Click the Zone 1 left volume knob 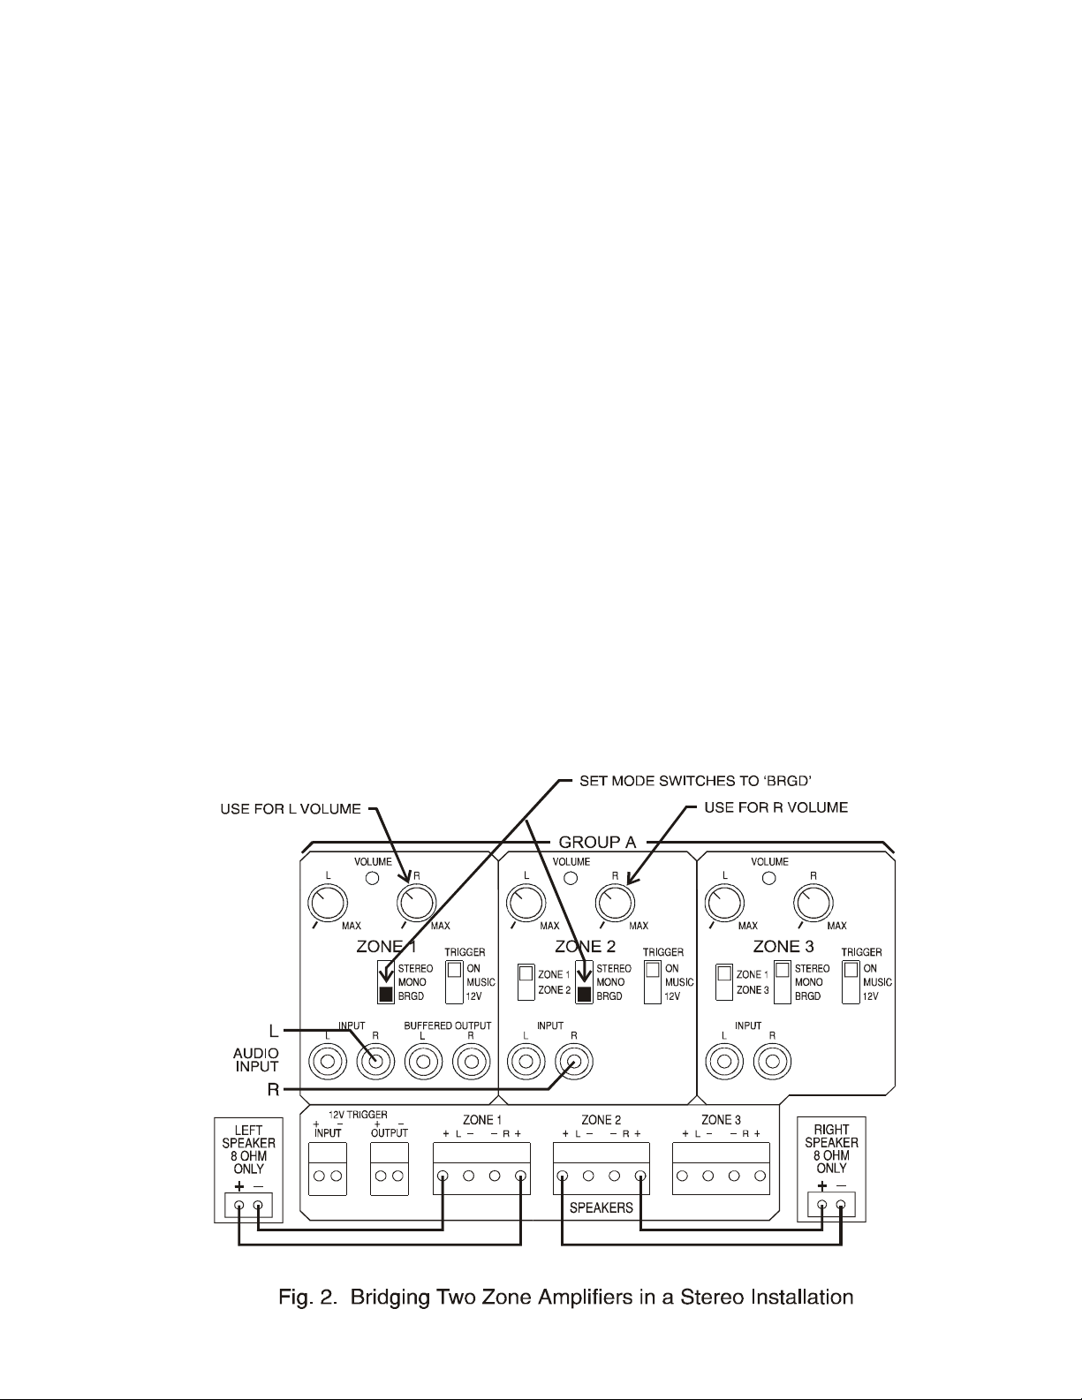pos(327,903)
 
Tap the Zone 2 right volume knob pos(615,903)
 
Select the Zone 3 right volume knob pos(813,903)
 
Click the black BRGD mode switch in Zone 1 pos(385,995)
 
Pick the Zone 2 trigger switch pos(652,980)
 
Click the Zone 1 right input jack pos(375,1060)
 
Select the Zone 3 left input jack pos(723,1060)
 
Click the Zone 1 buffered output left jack pos(423,1060)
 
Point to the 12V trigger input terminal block pos(327,1169)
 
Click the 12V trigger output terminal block pos(389,1169)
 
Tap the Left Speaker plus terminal pos(238,1205)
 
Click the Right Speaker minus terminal pos(841,1205)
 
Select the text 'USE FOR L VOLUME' pos(291,808)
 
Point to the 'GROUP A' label pos(598,842)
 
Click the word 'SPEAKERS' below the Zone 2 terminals pos(601,1207)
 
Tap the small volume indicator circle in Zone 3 pos(768,878)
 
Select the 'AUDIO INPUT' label pos(255,1060)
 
